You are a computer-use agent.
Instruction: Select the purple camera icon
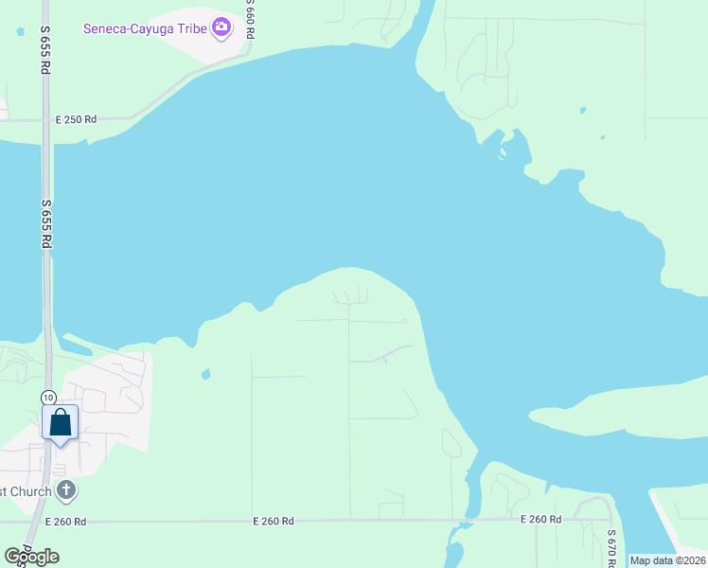pos(221,27)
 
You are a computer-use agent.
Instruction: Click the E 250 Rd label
pos(76,119)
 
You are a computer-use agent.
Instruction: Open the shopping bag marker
pos(61,423)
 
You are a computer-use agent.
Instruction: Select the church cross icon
pos(65,490)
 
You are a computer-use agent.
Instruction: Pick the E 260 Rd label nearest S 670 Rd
pos(540,520)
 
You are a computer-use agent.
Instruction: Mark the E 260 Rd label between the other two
pos(273,522)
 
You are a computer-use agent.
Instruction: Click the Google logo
pos(31,557)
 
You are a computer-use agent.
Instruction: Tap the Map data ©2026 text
pos(667,560)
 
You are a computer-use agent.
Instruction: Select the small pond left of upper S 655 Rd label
pos(19,30)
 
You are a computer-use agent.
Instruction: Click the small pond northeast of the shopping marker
pos(205,375)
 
